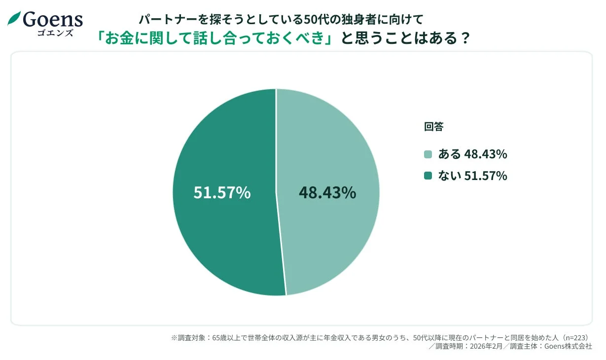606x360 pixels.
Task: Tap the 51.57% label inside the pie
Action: pyautogui.click(x=222, y=193)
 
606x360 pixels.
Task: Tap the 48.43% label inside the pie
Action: pyautogui.click(x=327, y=193)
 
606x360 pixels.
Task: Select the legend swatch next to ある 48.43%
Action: pyautogui.click(x=428, y=154)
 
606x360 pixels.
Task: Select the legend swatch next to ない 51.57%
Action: pyautogui.click(x=428, y=176)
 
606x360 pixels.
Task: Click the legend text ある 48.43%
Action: pyautogui.click(x=472, y=154)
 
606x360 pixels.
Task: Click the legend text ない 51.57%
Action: pyautogui.click(x=472, y=176)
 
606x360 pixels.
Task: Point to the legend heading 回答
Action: pyautogui.click(x=434, y=127)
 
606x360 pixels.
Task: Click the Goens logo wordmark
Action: pyautogui.click(x=52, y=19)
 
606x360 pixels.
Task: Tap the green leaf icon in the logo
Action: pyautogui.click(x=14, y=19)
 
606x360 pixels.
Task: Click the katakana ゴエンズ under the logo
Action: pyautogui.click(x=55, y=33)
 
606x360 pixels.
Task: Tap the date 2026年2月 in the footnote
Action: pyautogui.click(x=486, y=346)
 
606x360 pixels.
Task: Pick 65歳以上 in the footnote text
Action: pyautogui.click(x=228, y=338)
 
